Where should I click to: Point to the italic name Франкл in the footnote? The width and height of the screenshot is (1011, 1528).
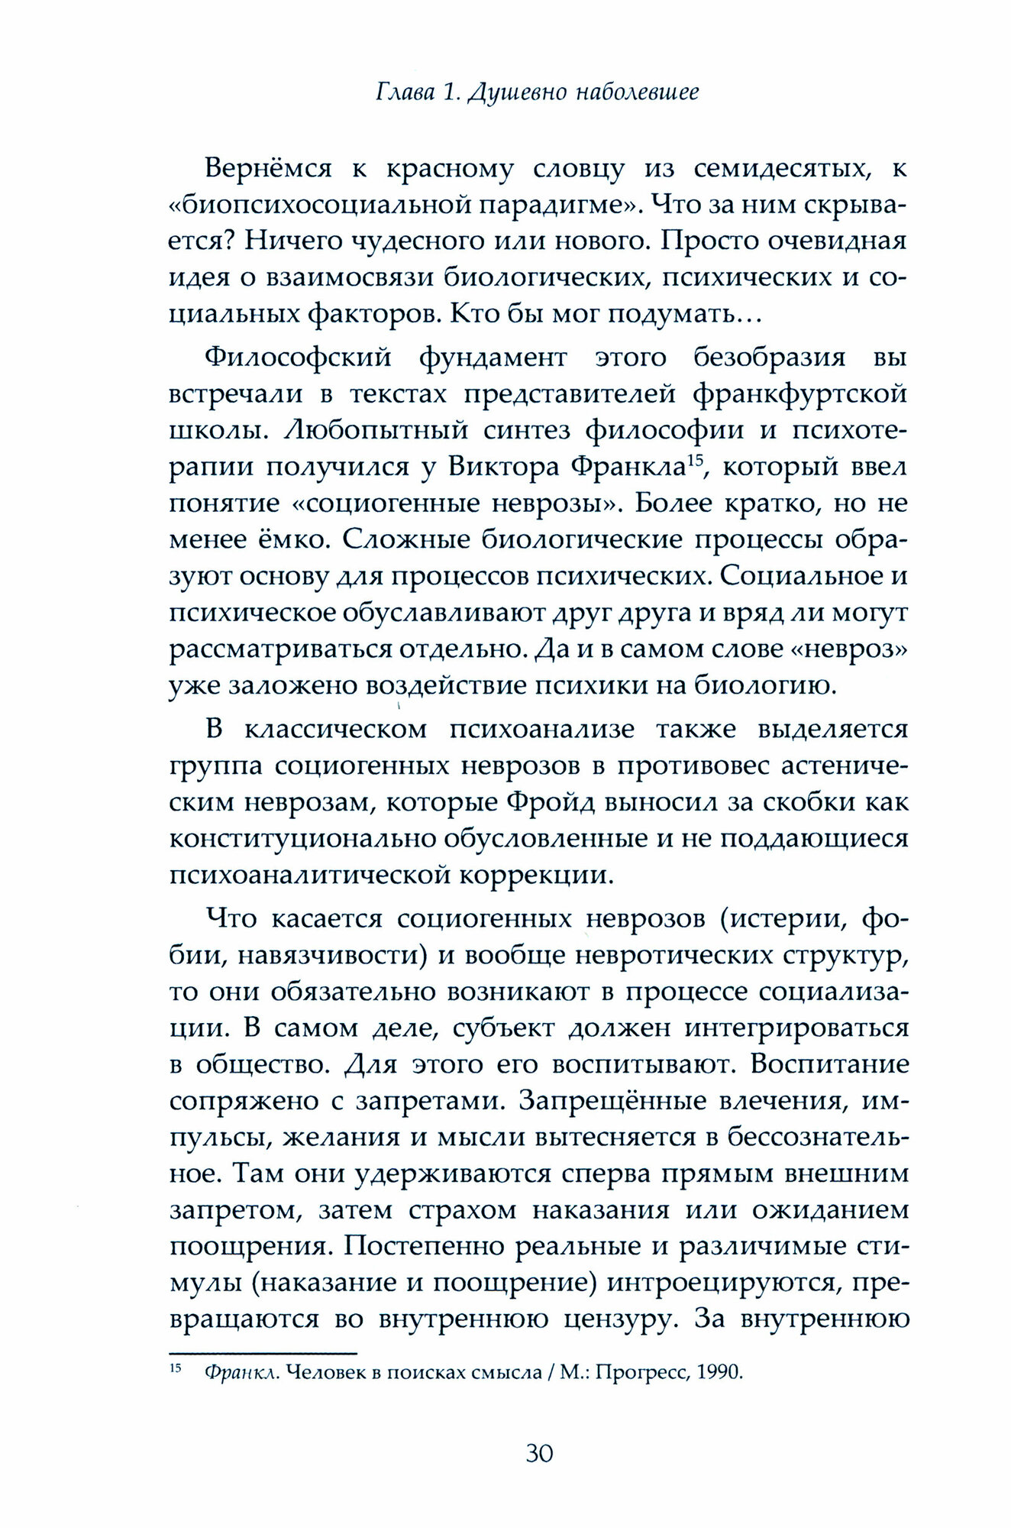(231, 1372)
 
